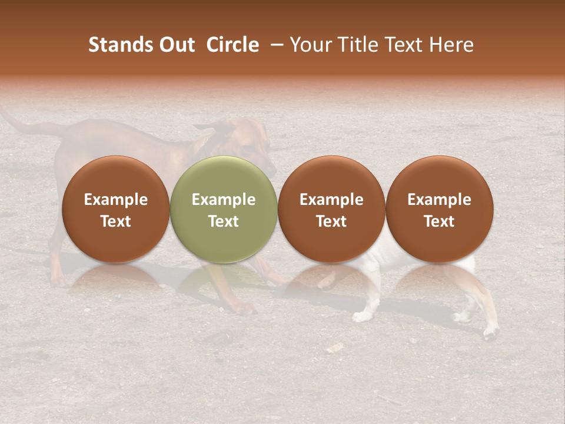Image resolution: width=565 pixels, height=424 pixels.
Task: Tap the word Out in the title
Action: click(x=175, y=45)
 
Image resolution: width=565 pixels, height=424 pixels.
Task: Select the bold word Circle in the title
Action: click(x=232, y=45)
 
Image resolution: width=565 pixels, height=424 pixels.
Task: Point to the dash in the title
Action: click(x=277, y=45)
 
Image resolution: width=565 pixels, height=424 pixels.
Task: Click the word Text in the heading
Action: click(x=406, y=45)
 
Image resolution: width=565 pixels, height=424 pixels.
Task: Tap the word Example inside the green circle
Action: click(x=224, y=200)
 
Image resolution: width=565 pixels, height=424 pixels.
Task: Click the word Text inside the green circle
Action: click(x=224, y=221)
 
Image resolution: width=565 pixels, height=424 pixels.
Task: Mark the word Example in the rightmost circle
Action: click(x=440, y=200)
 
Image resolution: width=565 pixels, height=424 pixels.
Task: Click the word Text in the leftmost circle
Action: click(x=116, y=221)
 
